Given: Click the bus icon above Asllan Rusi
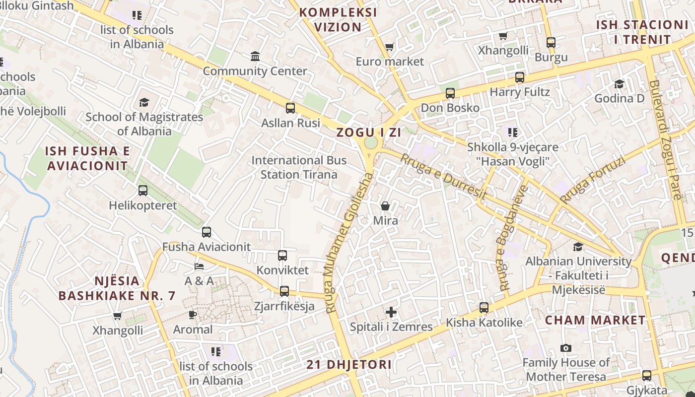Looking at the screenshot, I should tap(290, 108).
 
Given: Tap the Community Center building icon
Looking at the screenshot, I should tap(255, 56).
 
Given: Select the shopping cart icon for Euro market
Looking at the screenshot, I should tap(389, 47).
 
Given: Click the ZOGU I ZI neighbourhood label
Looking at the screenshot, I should tap(368, 132).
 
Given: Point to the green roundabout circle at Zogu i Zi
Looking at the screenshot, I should tap(371, 143).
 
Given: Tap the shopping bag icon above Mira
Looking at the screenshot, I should tap(385, 206).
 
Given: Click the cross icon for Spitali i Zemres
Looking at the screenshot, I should tap(391, 312).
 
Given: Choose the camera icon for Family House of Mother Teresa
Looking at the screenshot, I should tap(565, 348).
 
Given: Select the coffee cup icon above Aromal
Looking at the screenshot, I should tap(193, 315).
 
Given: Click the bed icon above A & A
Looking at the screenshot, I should tap(199, 266).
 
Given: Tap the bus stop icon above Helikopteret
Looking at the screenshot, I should tap(143, 191).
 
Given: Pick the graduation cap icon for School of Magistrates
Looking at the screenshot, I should tap(144, 102).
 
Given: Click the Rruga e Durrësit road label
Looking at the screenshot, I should tap(443, 177).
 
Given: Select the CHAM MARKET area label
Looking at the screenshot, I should tap(595, 320).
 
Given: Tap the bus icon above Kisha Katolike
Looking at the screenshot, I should tap(484, 308).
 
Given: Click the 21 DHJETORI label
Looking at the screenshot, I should tap(349, 365).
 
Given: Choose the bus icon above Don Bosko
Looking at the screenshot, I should tap(450, 93).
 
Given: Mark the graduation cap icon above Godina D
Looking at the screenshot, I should tap(619, 84).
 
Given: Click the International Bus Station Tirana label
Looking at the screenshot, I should tap(299, 167).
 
